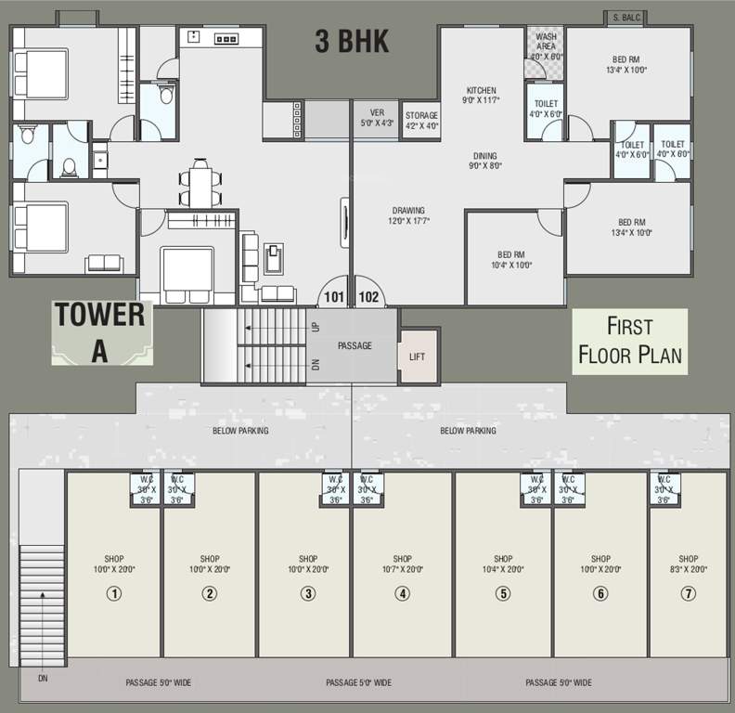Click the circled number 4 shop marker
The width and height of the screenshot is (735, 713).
click(402, 594)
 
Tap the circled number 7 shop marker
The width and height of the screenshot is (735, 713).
click(688, 594)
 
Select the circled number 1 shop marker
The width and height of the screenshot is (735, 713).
click(114, 594)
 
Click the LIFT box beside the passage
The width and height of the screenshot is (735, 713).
click(418, 356)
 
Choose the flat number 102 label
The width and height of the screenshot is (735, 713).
click(368, 298)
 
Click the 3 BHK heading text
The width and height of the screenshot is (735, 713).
click(351, 42)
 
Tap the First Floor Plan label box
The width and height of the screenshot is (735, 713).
click(629, 341)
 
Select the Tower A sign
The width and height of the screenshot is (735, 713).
click(100, 331)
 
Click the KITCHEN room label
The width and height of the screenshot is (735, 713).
click(481, 90)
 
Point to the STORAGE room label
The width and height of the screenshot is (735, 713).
click(421, 116)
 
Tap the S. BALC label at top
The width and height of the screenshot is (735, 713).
click(625, 18)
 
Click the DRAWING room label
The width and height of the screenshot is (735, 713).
click(408, 211)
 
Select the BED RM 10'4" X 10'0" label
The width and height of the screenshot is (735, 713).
click(512, 260)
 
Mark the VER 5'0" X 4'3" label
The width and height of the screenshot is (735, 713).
click(377, 118)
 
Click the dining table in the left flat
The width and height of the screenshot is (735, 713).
click(201, 184)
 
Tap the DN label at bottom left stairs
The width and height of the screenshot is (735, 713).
click(43, 679)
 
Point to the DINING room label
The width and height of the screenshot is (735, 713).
click(484, 156)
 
